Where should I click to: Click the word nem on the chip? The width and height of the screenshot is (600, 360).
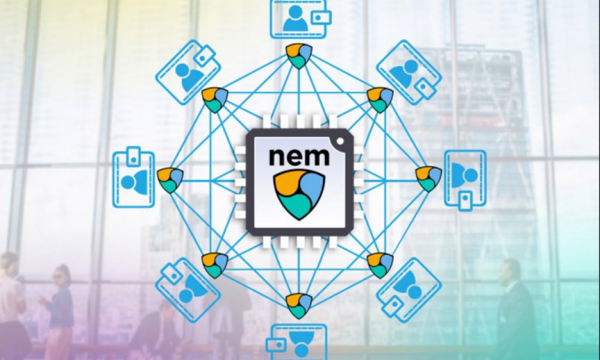point(299,156)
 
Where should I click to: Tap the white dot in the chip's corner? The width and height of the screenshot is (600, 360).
point(340,141)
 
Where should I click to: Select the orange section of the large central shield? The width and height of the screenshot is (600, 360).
point(289,182)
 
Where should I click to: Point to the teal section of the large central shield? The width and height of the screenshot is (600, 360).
point(296,206)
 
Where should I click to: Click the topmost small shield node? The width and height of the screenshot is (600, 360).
point(299,56)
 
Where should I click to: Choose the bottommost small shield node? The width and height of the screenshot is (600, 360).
point(299,305)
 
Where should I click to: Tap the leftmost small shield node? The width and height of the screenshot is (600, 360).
point(170,180)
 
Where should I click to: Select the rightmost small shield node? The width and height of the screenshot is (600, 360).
point(428,179)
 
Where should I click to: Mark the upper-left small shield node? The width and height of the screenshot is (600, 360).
point(215,100)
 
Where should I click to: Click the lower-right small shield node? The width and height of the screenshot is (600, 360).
point(380,266)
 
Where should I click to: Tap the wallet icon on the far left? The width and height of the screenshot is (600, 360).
point(134,177)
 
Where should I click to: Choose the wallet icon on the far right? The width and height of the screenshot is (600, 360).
point(466,180)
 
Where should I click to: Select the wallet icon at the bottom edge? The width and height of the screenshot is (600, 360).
point(299,342)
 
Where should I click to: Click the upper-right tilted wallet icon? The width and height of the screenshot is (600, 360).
point(409,73)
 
